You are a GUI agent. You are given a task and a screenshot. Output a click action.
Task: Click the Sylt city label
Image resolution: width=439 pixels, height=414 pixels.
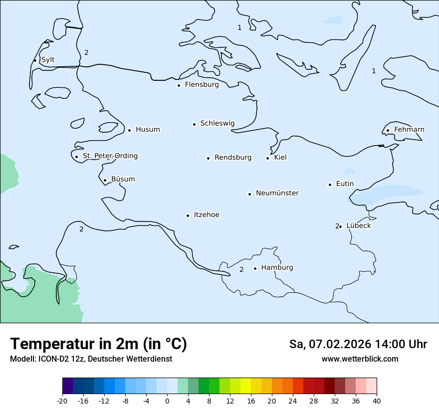point(48,60)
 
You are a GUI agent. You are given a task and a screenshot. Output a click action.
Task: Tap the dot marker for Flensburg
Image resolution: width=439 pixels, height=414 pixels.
point(179,85)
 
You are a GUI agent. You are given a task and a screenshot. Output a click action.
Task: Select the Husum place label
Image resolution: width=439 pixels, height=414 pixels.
point(148,130)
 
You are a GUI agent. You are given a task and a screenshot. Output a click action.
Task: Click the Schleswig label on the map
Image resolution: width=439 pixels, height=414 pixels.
point(217,123)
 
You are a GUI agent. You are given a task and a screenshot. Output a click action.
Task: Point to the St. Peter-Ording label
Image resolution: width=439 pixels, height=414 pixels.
point(110,156)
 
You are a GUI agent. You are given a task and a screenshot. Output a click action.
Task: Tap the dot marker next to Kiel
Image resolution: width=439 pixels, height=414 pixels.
point(267,158)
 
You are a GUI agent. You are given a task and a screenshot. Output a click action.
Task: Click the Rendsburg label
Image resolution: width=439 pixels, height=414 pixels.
point(233,158)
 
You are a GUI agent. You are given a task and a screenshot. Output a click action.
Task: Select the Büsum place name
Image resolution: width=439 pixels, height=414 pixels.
point(123,179)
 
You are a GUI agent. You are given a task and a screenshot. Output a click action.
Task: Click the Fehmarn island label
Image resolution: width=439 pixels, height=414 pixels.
point(409,130)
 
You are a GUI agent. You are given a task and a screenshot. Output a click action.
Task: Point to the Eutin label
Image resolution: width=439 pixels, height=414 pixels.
point(345,184)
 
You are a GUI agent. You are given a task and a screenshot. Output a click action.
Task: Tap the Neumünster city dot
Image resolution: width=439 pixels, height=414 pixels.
point(249,194)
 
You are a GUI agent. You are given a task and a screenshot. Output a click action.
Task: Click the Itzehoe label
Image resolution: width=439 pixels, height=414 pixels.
point(207,215)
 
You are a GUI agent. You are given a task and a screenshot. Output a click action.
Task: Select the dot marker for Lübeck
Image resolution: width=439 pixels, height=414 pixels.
point(340,226)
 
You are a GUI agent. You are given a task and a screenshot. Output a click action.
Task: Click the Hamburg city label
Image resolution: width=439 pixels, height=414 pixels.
point(277,268)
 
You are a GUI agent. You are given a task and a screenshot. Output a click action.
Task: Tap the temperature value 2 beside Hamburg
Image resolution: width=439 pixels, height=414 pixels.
point(241,270)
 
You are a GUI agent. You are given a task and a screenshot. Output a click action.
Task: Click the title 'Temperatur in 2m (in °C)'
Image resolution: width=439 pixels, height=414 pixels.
point(98,344)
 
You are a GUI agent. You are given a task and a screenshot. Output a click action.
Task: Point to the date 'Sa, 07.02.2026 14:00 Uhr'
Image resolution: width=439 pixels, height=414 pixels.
point(358,344)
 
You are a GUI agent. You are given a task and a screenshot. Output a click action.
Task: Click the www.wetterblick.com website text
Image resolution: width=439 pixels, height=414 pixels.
point(360,359)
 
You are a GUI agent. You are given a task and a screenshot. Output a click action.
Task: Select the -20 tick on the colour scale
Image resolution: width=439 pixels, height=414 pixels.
point(62,401)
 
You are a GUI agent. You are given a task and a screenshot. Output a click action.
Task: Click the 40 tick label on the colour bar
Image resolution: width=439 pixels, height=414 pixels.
point(377,401)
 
